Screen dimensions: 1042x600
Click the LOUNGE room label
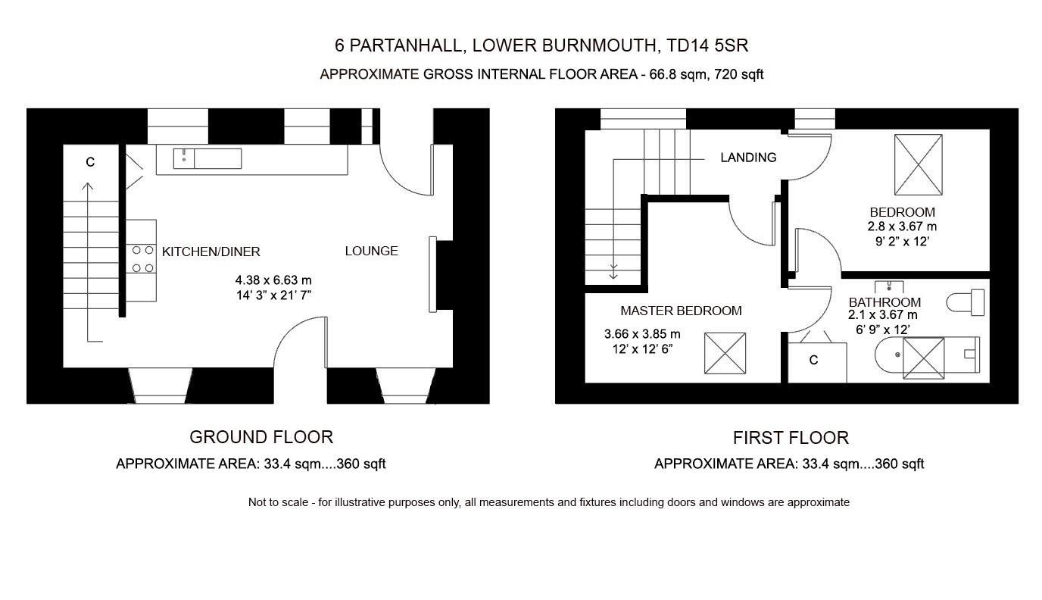371,251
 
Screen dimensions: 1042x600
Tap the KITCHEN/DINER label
211,252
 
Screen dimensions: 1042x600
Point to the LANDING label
748,158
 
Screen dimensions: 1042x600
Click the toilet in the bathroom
966,302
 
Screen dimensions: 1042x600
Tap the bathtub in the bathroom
927,355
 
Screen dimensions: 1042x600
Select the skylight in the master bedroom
725,353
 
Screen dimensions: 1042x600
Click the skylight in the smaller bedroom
919,165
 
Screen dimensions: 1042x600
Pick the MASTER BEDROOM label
681,311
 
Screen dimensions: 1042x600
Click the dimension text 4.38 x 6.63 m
273,280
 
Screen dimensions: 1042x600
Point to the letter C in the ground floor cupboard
90,162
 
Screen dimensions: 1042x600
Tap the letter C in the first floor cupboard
813,360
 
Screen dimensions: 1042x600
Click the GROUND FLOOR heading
261,437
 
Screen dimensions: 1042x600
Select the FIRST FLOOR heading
791,438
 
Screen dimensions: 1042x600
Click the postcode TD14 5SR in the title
707,45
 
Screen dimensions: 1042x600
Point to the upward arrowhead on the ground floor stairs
87,186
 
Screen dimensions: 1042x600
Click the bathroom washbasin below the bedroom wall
889,286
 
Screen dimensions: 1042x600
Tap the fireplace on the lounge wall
432,275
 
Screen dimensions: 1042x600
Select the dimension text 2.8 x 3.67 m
902,227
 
